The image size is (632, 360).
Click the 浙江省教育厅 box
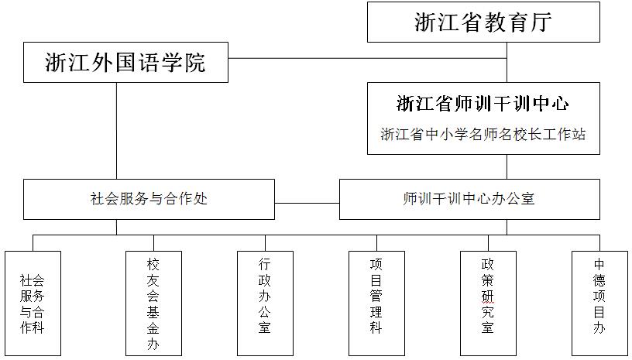[x=483, y=22]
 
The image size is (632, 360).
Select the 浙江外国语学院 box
[x=125, y=63]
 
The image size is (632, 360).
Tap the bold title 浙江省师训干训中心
[x=483, y=104]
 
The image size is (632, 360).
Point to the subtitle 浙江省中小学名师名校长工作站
[x=483, y=134]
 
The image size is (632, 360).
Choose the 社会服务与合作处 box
[x=149, y=199]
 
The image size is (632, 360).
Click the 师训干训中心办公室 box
[x=469, y=199]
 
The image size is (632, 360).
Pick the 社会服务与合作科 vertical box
[x=33, y=303]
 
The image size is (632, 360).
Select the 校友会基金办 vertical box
[x=153, y=303]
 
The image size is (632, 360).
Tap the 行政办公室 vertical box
[x=265, y=303]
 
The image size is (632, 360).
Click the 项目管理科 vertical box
[x=377, y=303]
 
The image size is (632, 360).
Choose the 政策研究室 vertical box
[x=488, y=303]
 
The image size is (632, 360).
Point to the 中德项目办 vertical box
[x=599, y=303]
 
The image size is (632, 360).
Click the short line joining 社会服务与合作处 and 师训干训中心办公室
[x=307, y=204]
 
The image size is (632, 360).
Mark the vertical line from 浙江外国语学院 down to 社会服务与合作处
[x=117, y=131]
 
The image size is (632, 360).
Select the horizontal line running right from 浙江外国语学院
[x=368, y=58]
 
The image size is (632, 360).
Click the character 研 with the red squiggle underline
[x=488, y=297]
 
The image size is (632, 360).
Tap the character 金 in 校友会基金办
[x=153, y=328]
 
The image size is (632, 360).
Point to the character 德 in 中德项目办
[x=599, y=280]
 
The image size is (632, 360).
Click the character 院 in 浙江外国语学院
[x=195, y=63]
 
